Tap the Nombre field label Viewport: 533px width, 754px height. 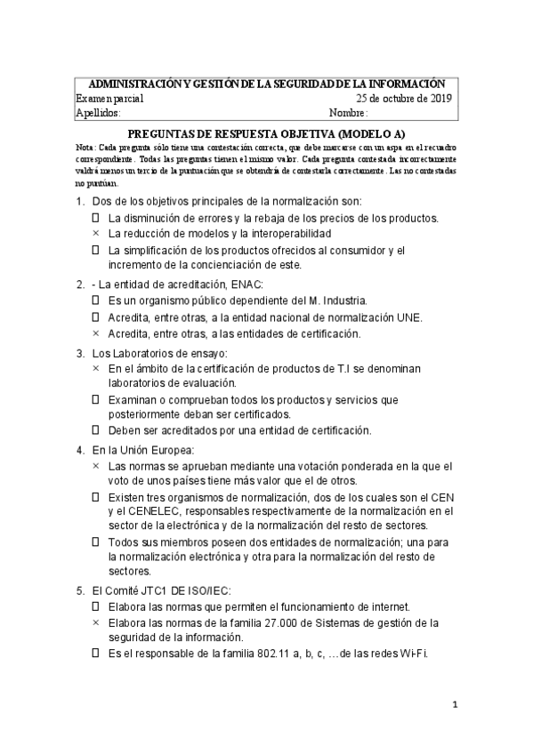pos(348,113)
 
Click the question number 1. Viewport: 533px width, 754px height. pos(80,202)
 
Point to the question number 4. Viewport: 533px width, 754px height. pos(80,450)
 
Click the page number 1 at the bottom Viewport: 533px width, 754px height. pos(454,706)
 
